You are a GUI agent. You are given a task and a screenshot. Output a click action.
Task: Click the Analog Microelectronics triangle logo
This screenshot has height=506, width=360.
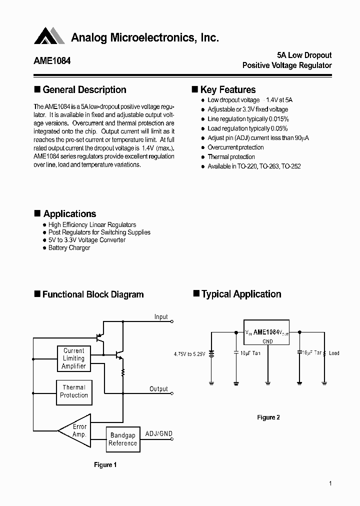coord(49,36)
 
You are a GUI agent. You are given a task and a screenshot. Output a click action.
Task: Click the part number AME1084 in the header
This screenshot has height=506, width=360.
coord(52,60)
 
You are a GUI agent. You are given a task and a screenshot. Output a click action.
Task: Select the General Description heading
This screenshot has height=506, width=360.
coord(84,90)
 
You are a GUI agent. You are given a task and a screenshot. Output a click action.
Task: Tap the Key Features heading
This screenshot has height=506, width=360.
coord(227,90)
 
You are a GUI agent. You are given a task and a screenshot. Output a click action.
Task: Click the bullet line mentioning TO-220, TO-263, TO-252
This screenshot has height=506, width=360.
coord(254,166)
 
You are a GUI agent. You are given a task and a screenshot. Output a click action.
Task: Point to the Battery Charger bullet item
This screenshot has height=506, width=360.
coord(69,248)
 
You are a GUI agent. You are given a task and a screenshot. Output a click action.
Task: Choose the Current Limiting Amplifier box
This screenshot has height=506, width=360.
coord(74,358)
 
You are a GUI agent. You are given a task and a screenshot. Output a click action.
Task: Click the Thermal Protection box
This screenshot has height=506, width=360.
coord(74,391)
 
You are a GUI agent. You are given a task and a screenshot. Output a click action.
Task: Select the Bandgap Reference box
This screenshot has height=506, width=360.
coord(122,439)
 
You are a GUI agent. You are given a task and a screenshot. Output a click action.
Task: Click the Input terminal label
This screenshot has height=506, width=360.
coord(161,317)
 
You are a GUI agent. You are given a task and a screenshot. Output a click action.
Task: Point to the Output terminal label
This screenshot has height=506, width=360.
coord(158,389)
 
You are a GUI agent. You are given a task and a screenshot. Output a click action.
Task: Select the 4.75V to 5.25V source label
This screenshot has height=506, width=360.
coord(189,354)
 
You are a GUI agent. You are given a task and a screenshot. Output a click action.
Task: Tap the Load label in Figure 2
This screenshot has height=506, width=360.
coord(334,353)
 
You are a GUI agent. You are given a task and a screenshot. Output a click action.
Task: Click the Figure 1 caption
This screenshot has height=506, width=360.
coord(105,465)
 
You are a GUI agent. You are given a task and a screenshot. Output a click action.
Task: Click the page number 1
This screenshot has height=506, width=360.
coord(330,483)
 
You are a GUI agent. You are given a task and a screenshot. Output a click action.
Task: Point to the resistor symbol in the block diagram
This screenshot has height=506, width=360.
coord(122,372)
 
